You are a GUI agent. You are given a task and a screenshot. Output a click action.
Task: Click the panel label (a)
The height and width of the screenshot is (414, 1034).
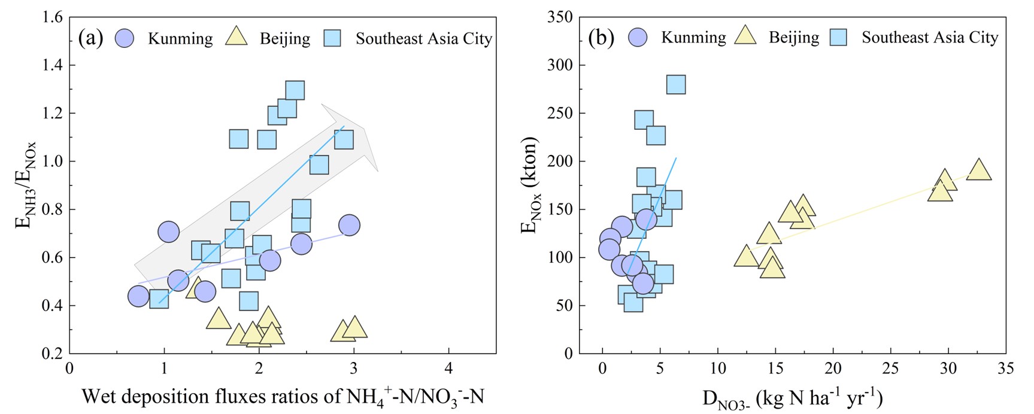click(x=90, y=38)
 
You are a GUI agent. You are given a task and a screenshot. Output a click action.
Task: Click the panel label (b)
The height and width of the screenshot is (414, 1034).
click(x=601, y=38)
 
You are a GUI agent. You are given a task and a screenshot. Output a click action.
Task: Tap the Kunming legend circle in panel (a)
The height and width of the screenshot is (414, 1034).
click(x=124, y=38)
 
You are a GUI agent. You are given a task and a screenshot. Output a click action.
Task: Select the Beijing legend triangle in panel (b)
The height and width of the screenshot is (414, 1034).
click(x=746, y=36)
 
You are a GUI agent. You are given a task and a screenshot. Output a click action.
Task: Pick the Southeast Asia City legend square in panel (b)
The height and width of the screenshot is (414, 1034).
click(x=838, y=38)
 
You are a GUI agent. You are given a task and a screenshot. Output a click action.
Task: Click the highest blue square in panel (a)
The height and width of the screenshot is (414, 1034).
click(x=295, y=90)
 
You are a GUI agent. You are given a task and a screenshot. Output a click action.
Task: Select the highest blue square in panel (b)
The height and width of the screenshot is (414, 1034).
click(x=675, y=84)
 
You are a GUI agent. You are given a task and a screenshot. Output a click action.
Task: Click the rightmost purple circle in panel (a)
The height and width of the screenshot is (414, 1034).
click(x=349, y=225)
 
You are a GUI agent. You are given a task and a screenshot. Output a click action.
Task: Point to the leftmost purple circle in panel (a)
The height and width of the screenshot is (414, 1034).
click(x=138, y=296)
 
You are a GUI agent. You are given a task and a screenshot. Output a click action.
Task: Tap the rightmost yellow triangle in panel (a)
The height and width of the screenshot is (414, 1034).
click(x=354, y=328)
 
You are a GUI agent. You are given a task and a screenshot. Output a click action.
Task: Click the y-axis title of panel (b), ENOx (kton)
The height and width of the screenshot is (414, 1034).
click(x=530, y=185)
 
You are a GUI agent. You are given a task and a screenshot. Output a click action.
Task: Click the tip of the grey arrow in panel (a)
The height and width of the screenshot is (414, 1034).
click(x=377, y=172)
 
